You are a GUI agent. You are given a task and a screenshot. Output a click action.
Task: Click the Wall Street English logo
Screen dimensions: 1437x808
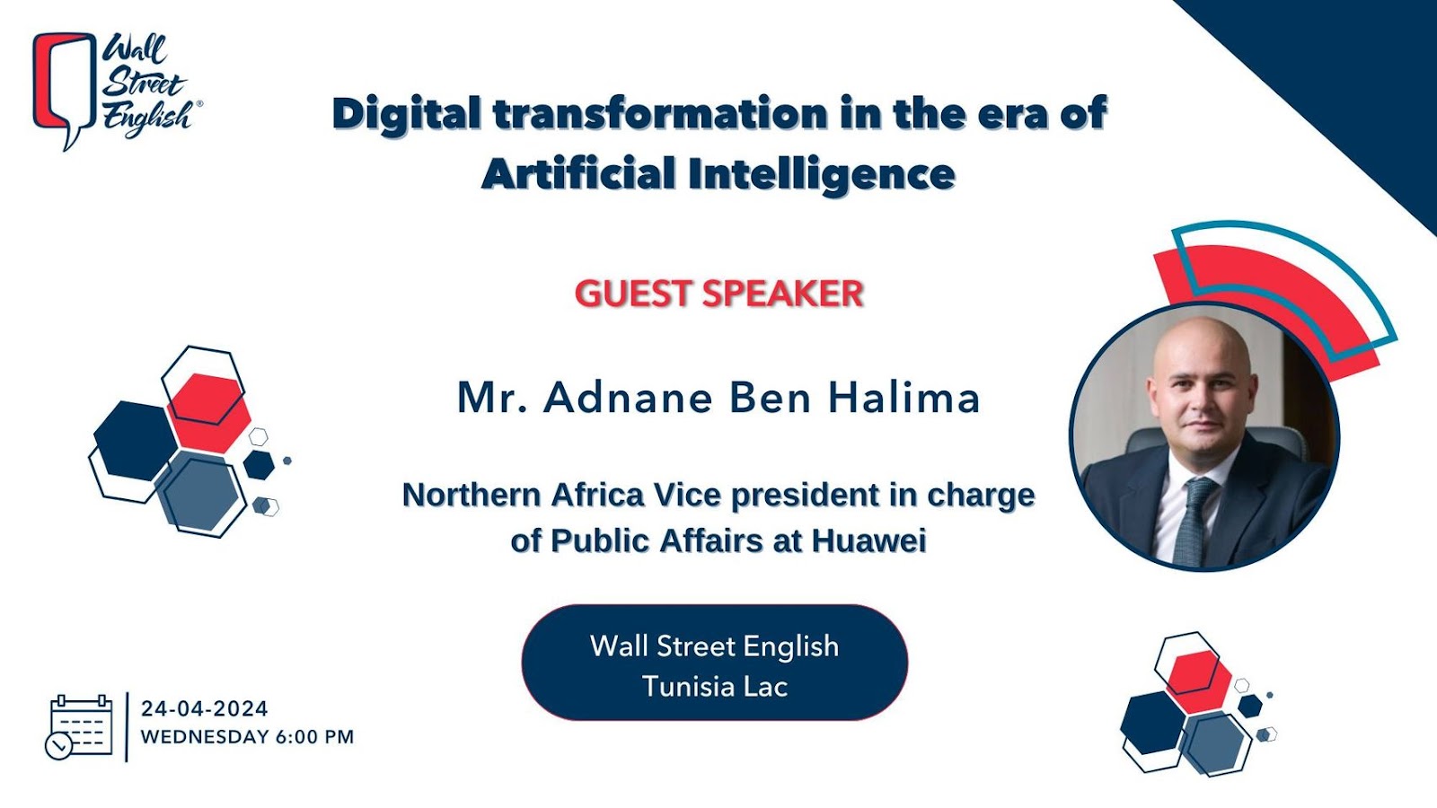pyautogui.click(x=117, y=91)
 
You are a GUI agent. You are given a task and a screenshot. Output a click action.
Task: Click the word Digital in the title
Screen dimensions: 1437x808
pyautogui.click(x=406, y=114)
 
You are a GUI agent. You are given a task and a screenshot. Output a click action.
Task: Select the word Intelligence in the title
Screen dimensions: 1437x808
pyautogui.click(x=822, y=174)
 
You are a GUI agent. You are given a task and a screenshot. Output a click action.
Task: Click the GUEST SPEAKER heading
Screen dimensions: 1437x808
pyautogui.click(x=718, y=294)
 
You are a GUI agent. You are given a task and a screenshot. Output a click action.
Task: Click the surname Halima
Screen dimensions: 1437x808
pyautogui.click(x=904, y=398)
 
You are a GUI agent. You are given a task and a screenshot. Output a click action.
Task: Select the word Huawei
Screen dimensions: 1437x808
pyautogui.click(x=868, y=540)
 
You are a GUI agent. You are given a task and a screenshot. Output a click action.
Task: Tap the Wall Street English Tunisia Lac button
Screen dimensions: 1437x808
pyautogui.click(x=715, y=663)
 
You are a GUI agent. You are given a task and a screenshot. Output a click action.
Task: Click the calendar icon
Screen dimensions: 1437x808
pyautogui.click(x=78, y=728)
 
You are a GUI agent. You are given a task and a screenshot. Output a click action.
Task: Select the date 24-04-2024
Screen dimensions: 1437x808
pyautogui.click(x=205, y=708)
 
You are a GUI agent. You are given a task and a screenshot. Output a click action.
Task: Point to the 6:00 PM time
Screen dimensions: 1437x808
pyautogui.click(x=314, y=737)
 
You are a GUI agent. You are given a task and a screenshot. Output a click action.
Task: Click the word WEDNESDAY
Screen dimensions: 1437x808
pyautogui.click(x=205, y=737)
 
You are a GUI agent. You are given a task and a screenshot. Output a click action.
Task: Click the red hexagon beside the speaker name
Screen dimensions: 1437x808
pyautogui.click(x=209, y=413)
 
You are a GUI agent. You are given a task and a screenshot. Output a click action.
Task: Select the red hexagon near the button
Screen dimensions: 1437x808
pyautogui.click(x=1198, y=681)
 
